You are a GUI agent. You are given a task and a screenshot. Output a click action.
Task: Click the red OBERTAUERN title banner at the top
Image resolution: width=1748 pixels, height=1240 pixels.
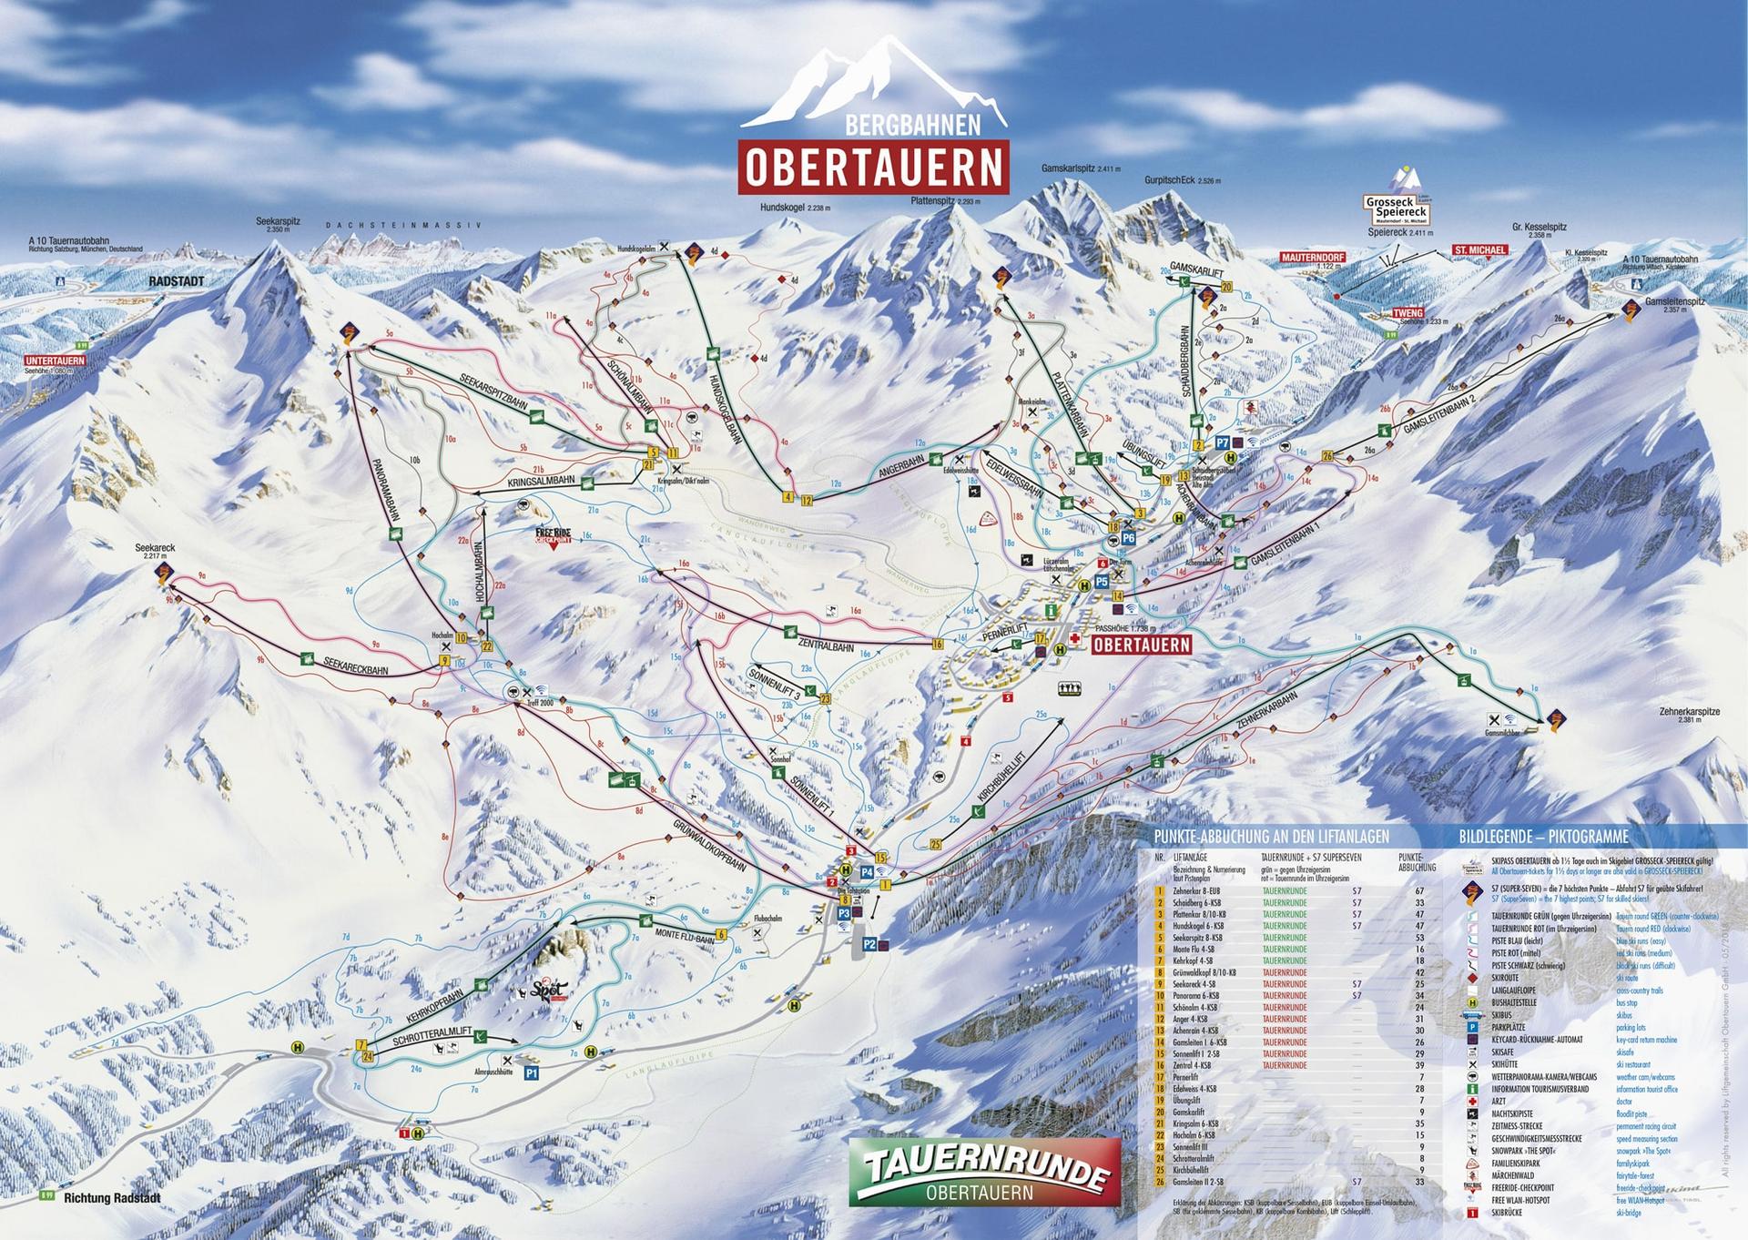point(874,166)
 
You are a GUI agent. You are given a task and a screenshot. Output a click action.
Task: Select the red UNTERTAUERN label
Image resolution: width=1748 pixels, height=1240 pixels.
point(56,361)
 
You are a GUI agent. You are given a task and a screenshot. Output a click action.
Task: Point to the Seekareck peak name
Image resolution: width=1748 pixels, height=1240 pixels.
point(155,548)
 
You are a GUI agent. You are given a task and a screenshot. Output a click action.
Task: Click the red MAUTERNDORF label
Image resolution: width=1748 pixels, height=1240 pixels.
point(1312,258)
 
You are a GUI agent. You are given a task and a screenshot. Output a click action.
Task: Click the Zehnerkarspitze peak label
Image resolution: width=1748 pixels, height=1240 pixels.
point(1689,711)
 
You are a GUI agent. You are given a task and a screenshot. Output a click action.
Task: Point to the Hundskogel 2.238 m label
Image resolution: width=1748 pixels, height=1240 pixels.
point(795,208)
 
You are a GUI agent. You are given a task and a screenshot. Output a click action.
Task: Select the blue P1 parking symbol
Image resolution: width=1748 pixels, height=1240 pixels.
point(533,1073)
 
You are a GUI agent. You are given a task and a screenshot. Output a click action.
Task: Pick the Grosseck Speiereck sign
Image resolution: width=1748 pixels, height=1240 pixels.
point(1397,211)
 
